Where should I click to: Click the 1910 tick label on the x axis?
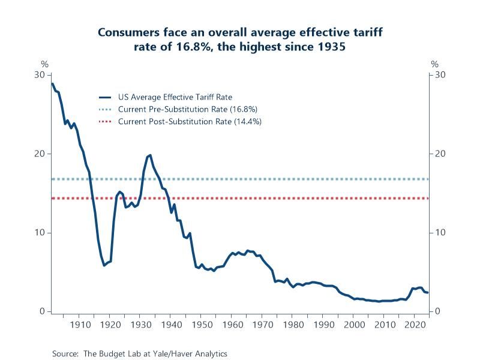point(79,325)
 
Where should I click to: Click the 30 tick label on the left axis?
point(40,74)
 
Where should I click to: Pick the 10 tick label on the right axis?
point(440,233)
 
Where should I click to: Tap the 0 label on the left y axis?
point(42,311)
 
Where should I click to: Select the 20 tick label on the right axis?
point(440,154)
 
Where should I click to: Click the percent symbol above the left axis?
point(44,64)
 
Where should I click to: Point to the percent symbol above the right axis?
point(434,64)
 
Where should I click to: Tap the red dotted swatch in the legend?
point(106,121)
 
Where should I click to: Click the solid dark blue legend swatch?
point(106,97)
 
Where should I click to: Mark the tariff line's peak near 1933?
point(149,155)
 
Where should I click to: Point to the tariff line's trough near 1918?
point(104,265)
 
